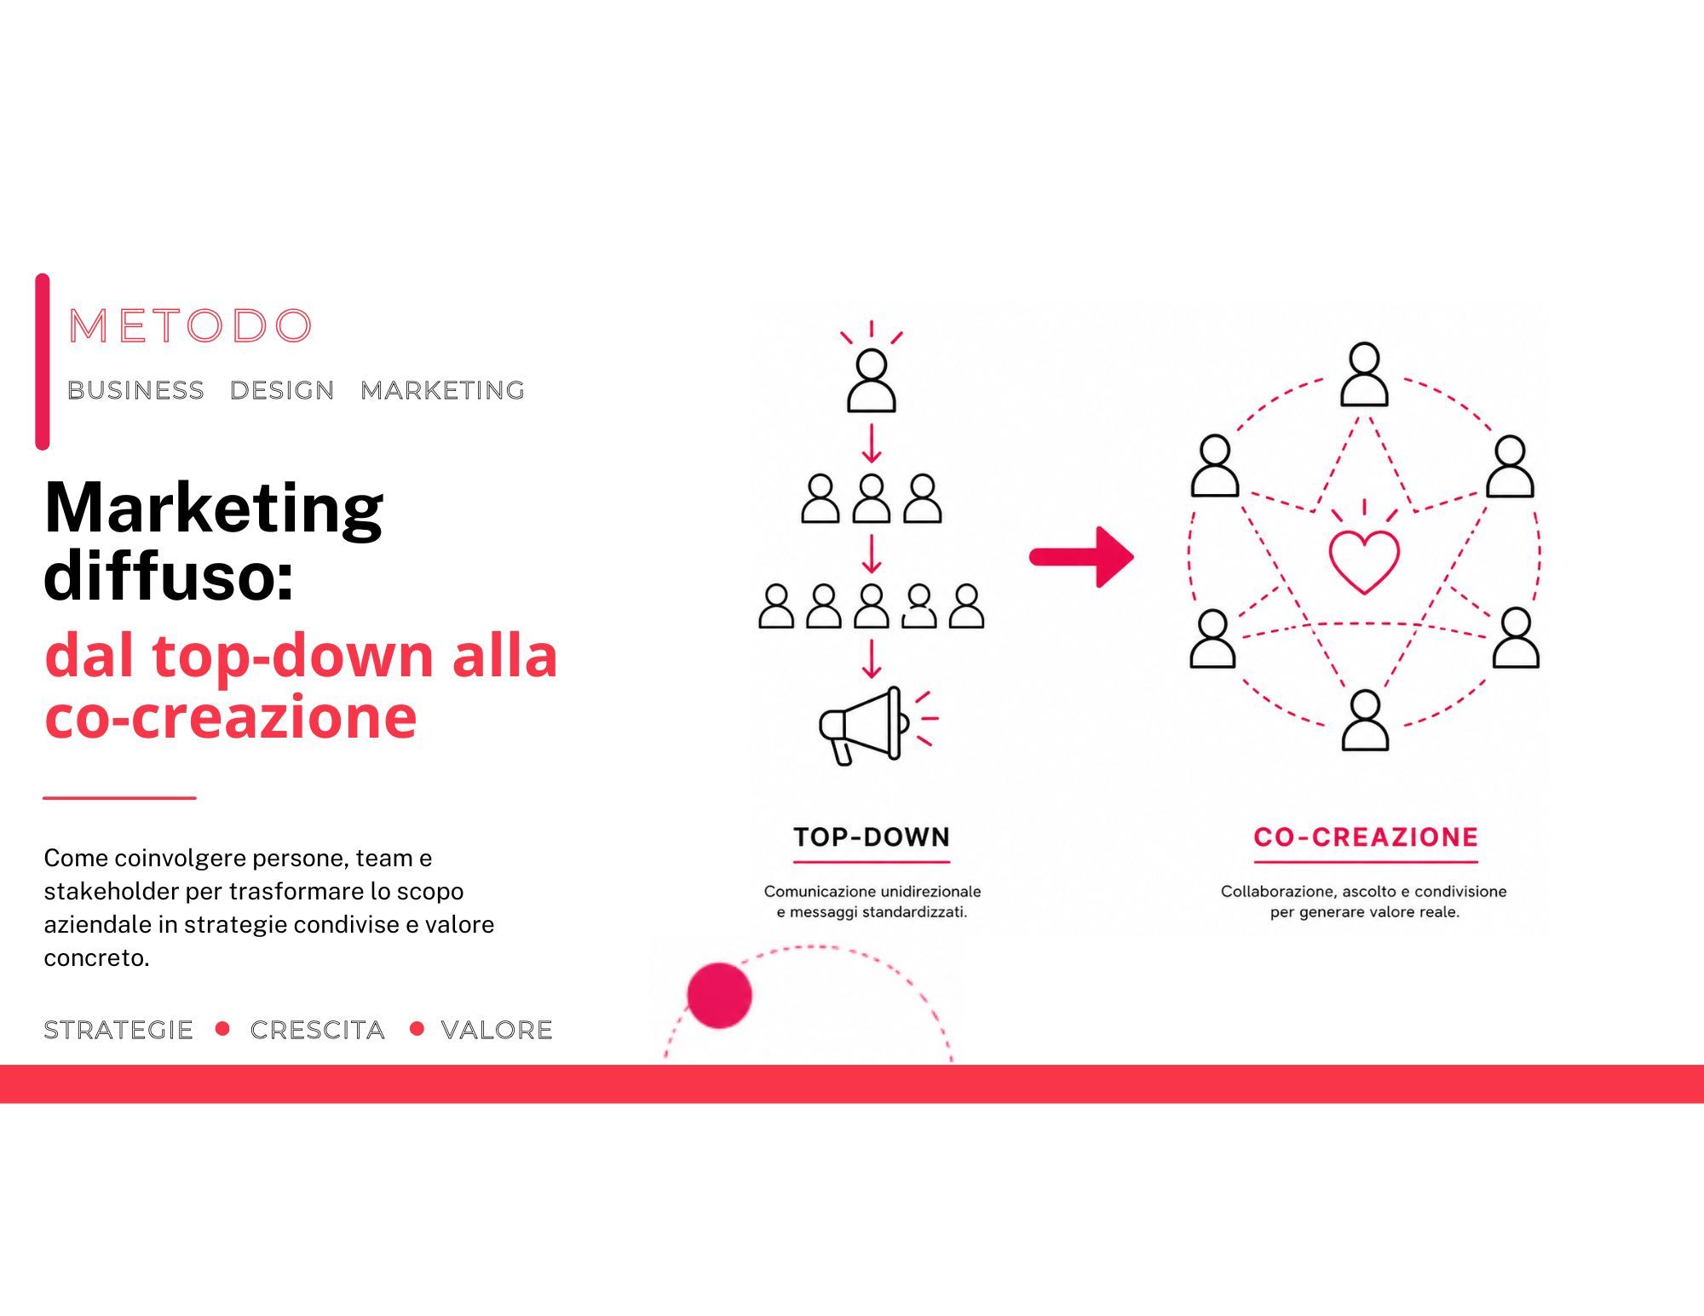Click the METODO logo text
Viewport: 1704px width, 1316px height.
190,325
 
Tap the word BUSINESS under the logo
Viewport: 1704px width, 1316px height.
136,390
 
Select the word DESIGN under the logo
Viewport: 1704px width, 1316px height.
282,390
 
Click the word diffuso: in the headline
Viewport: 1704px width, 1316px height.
169,575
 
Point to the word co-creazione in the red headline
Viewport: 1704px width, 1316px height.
231,716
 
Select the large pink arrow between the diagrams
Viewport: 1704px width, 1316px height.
1081,557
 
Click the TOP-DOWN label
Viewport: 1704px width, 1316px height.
872,836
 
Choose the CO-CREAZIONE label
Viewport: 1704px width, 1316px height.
1366,836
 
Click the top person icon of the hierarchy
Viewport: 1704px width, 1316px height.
872,381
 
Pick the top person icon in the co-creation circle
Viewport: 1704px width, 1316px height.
1365,374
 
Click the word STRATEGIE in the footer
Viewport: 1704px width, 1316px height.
118,1030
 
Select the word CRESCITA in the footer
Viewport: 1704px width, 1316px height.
318,1030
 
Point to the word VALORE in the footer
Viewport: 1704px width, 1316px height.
497,1030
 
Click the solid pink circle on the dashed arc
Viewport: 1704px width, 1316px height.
719,995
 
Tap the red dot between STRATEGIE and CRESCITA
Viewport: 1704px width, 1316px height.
223,1028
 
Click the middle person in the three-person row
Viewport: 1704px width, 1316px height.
872,498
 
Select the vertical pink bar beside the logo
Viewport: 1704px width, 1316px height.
43,361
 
